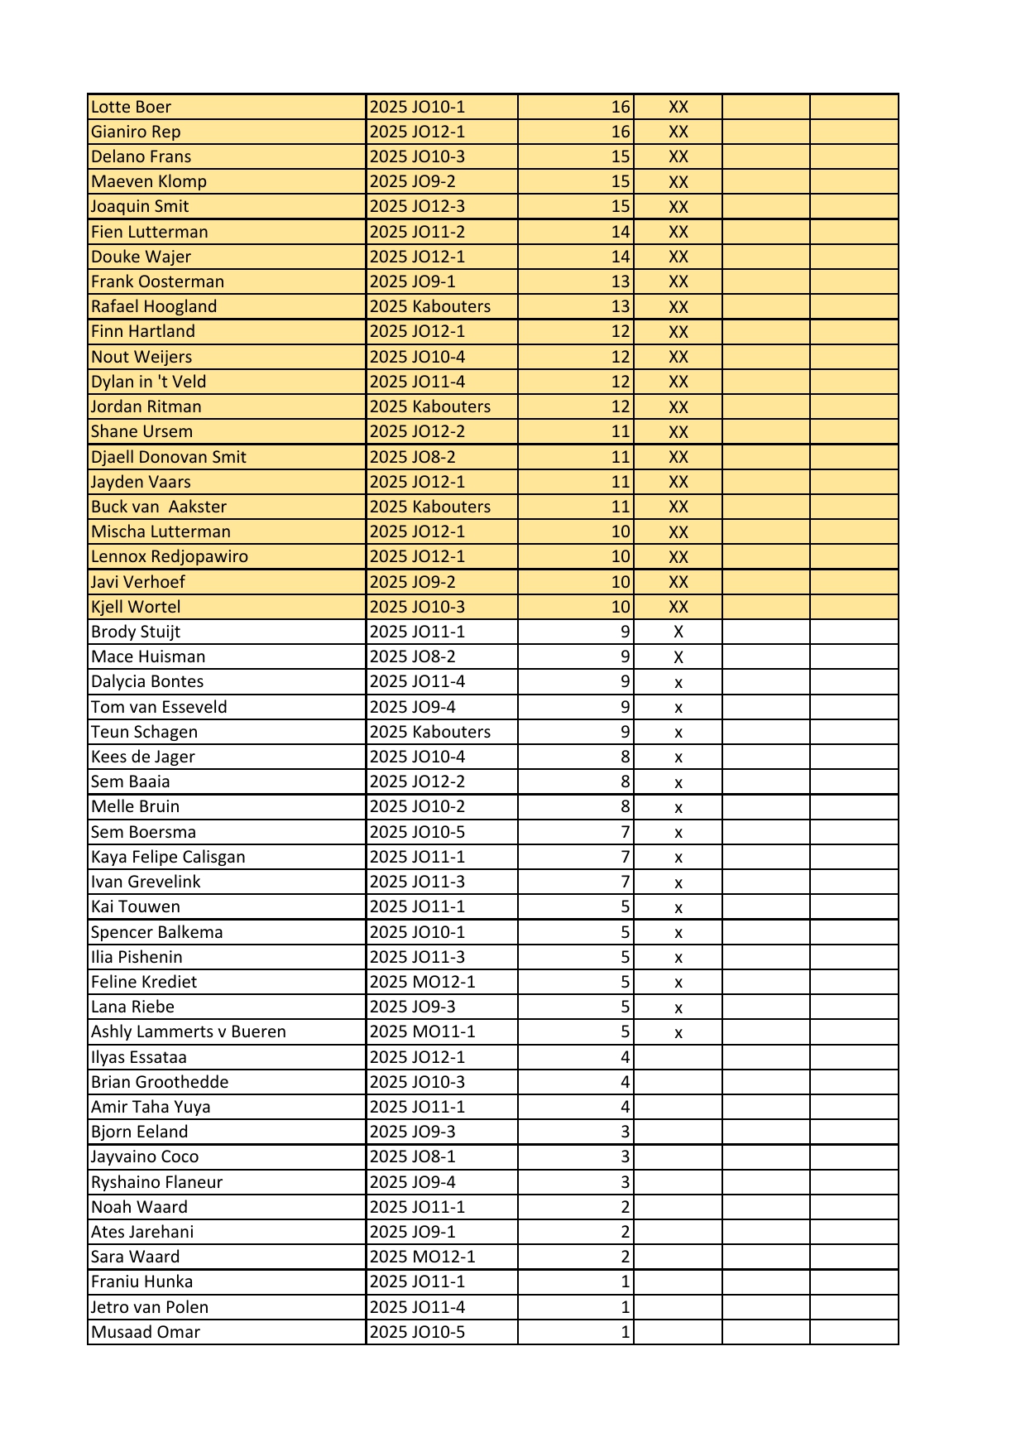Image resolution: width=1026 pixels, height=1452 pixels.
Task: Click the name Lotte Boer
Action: click(x=131, y=107)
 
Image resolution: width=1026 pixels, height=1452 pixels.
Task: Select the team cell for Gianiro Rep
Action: click(x=417, y=132)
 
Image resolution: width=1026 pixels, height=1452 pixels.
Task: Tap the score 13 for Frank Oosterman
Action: click(x=621, y=281)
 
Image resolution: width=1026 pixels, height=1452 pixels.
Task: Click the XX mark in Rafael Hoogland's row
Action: click(x=678, y=307)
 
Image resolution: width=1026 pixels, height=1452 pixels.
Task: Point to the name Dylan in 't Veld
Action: click(x=148, y=382)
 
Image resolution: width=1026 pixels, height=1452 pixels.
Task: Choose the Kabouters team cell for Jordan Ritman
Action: click(x=429, y=406)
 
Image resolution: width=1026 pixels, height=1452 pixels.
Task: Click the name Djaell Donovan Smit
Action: click(x=168, y=457)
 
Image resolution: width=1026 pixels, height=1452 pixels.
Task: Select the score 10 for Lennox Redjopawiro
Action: click(x=621, y=556)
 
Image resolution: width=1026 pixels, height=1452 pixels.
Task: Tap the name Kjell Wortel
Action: click(x=136, y=607)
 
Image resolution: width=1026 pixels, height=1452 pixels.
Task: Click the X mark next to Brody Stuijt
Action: click(x=678, y=632)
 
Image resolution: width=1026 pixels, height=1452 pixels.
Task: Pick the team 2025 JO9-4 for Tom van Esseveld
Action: click(x=412, y=707)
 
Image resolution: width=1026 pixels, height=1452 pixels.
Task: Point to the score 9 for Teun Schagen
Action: click(x=625, y=732)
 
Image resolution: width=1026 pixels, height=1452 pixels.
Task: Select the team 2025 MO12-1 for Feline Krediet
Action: click(x=422, y=982)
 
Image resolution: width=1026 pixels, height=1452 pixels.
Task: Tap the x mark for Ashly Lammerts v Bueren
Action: click(x=678, y=1033)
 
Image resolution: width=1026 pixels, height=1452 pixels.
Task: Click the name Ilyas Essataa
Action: click(x=138, y=1057)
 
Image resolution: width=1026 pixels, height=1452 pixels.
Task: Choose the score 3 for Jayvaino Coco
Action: click(x=625, y=1156)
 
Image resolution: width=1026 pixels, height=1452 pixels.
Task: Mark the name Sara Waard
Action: click(x=135, y=1257)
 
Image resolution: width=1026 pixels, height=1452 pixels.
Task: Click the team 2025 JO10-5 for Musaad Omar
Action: click(x=417, y=1332)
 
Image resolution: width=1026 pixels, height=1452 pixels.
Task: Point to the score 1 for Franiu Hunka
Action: click(x=625, y=1281)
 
